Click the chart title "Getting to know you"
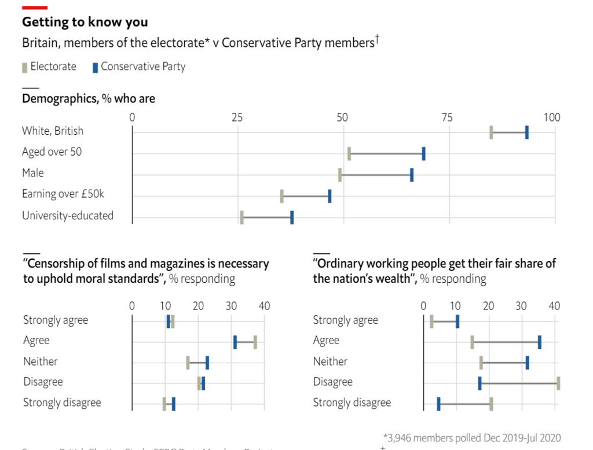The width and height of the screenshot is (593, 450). click(x=85, y=23)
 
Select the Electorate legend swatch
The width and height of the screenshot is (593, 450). click(x=24, y=67)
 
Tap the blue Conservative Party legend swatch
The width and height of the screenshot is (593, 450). click(x=95, y=67)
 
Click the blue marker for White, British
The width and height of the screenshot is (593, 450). click(x=526, y=132)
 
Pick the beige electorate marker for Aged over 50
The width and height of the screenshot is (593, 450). click(x=349, y=154)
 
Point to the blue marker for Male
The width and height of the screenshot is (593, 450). click(x=412, y=175)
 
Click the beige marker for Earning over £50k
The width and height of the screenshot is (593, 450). click(x=282, y=196)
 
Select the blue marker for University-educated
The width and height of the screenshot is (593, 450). click(x=292, y=217)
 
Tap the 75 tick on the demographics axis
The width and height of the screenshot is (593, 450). click(x=447, y=118)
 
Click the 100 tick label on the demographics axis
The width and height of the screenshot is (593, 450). click(x=552, y=118)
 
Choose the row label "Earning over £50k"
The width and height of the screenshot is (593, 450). click(x=63, y=194)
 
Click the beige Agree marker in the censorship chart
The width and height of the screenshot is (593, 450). click(x=255, y=342)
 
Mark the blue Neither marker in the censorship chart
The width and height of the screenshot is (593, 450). click(x=207, y=363)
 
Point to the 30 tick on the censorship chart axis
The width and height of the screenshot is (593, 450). click(x=231, y=306)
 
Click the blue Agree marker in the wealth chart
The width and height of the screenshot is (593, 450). click(x=540, y=342)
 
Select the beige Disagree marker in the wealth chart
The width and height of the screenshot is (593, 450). click(x=558, y=383)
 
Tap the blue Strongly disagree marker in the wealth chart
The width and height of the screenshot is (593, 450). click(x=438, y=403)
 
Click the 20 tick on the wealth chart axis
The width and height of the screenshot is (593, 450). click(x=489, y=306)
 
